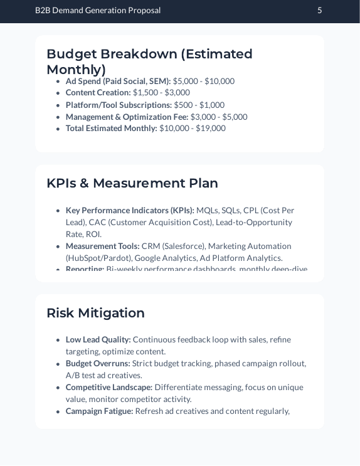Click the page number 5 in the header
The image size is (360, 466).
click(320, 10)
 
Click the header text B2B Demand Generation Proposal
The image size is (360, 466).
click(98, 10)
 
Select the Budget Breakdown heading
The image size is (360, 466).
click(149, 61)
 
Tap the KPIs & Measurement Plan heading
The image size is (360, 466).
click(132, 183)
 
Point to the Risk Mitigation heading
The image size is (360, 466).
click(95, 313)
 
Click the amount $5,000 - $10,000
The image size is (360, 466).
click(204, 81)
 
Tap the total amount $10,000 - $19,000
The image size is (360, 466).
click(193, 129)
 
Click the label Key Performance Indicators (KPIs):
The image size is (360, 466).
click(130, 211)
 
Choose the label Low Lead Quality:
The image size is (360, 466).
click(98, 340)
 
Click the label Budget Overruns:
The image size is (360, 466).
click(98, 364)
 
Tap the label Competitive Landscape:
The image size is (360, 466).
click(109, 388)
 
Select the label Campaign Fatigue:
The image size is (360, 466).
click(100, 411)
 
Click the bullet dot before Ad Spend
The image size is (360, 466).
click(58, 82)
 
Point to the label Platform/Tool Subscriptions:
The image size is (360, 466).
click(119, 105)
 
